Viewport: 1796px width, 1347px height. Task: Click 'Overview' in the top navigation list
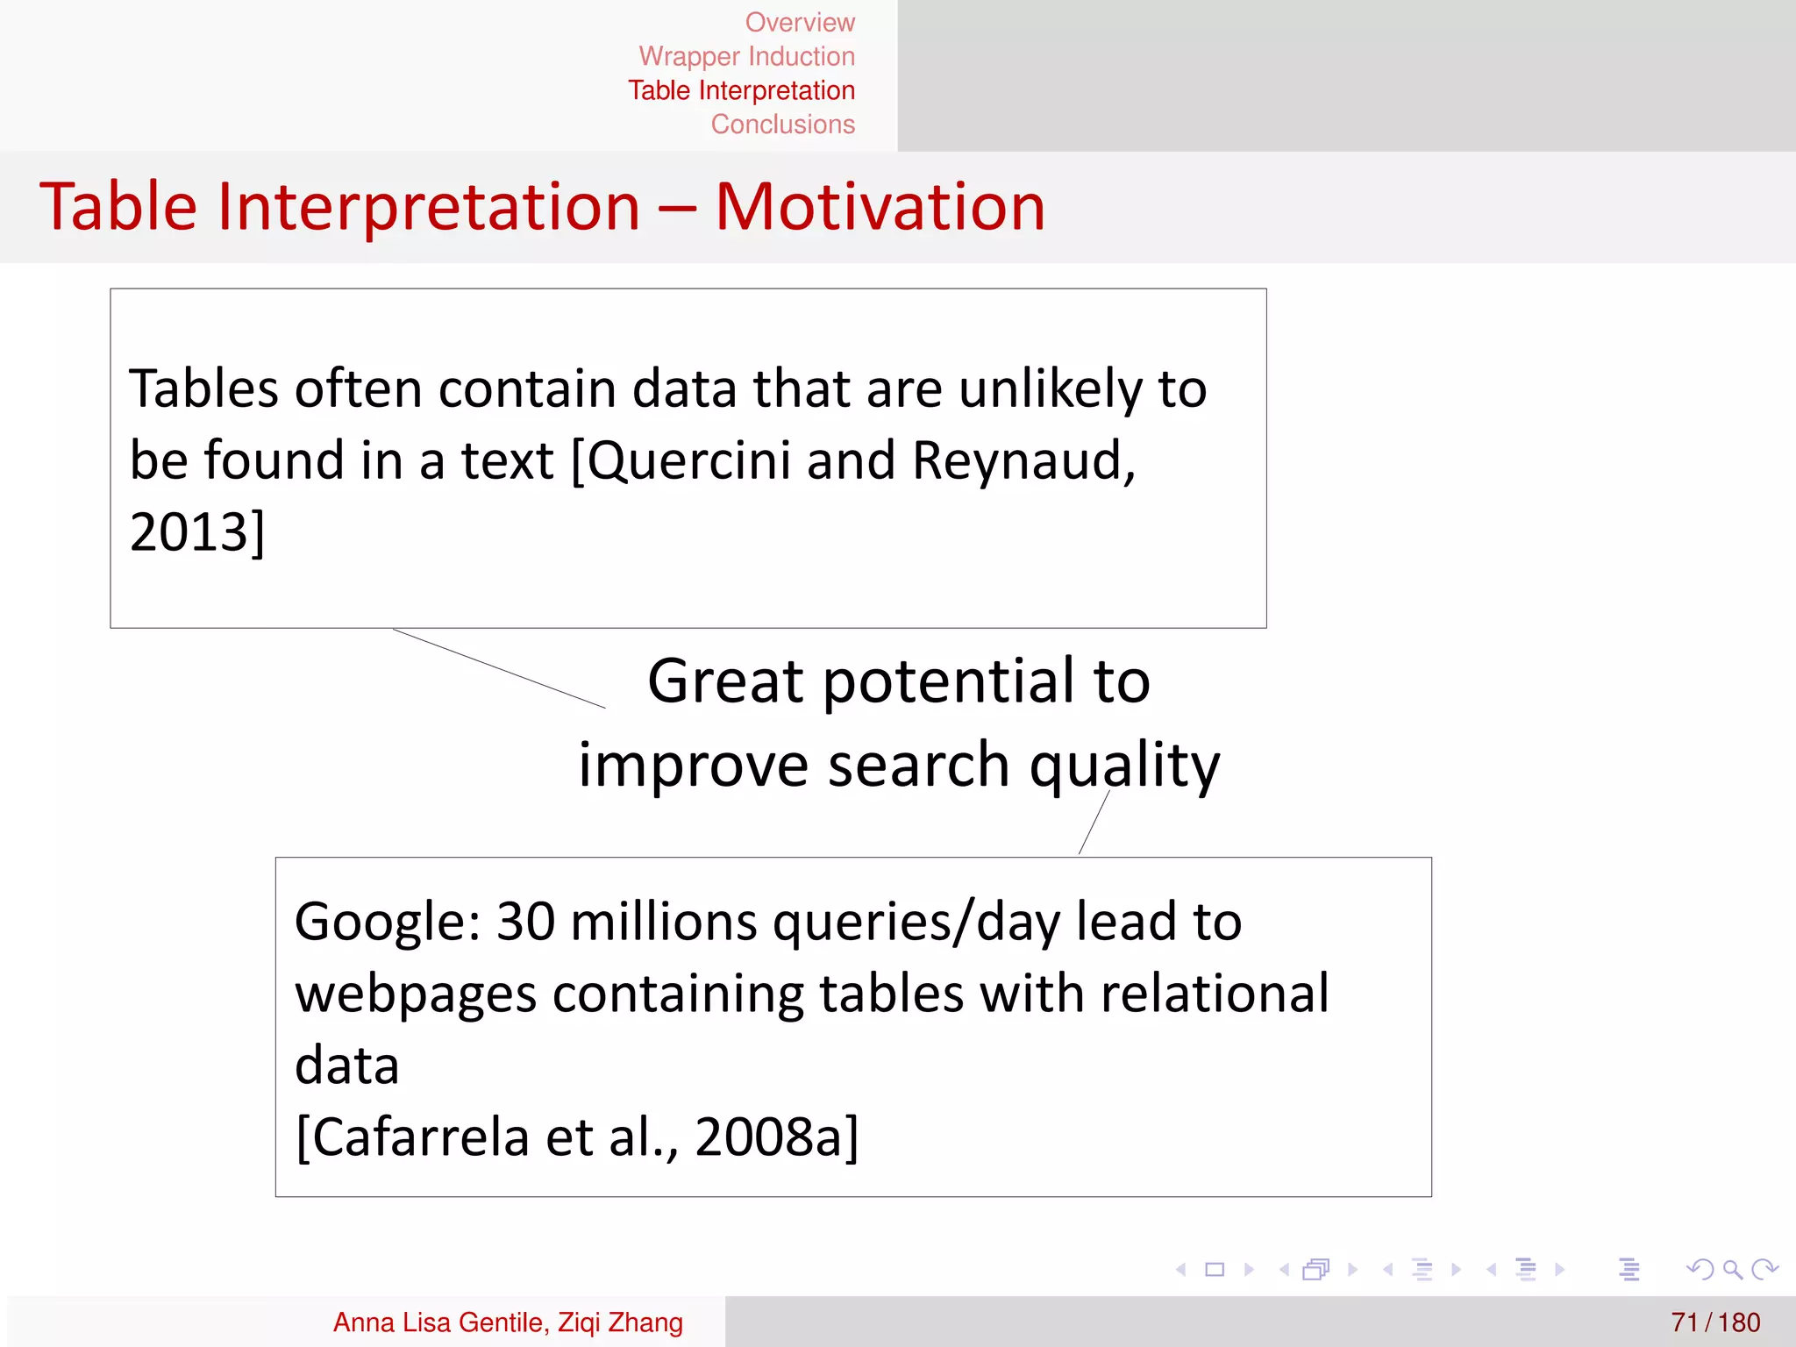click(799, 22)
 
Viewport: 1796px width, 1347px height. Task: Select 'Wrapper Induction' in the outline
click(746, 56)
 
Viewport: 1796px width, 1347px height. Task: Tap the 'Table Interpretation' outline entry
click(741, 90)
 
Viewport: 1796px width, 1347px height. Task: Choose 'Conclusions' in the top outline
click(782, 125)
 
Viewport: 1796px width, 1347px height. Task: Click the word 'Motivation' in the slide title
click(880, 207)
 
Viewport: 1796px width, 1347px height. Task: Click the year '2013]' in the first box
click(196, 532)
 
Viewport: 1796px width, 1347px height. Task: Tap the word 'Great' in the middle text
click(725, 681)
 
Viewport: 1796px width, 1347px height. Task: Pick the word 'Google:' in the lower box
click(388, 923)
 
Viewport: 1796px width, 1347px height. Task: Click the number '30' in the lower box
click(525, 923)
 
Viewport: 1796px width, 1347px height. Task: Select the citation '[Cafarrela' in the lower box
click(413, 1137)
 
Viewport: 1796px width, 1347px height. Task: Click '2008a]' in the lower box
click(776, 1137)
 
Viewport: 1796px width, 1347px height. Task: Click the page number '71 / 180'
click(1714, 1322)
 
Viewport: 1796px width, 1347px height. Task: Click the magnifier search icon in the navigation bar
click(1732, 1269)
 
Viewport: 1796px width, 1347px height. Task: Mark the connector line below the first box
click(499, 668)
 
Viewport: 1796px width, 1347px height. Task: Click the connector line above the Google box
click(1094, 823)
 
